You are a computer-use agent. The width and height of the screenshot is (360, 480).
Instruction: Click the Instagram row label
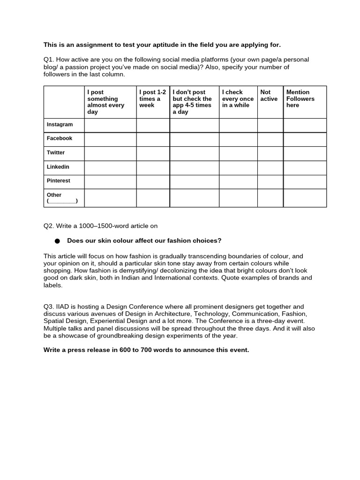tap(60, 125)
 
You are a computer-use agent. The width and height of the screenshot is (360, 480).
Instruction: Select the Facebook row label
tap(59, 139)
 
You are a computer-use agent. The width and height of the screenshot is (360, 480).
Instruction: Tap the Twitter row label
tap(56, 153)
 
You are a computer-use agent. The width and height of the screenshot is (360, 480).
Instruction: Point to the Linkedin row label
tap(58, 167)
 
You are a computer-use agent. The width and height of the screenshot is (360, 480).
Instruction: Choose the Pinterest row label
tap(58, 181)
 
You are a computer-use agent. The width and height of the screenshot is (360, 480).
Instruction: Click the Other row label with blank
tap(62, 198)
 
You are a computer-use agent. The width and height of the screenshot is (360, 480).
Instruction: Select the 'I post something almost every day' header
tap(105, 102)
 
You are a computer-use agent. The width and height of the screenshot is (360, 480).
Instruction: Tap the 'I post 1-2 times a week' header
tap(152, 99)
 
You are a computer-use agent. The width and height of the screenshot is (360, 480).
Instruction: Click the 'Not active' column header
tap(269, 96)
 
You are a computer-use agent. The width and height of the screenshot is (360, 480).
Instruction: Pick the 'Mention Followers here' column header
tap(300, 99)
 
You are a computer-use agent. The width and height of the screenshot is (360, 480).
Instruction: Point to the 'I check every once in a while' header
tap(238, 99)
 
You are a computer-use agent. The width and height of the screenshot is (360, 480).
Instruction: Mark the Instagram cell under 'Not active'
tap(270, 125)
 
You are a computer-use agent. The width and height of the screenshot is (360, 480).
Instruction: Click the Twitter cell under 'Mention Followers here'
tap(305, 154)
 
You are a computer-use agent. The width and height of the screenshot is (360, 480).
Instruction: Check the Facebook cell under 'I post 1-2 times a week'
tap(153, 140)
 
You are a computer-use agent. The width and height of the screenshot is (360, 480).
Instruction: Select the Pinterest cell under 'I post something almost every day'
tap(110, 182)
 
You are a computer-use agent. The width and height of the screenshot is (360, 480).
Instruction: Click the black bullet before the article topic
tap(57, 241)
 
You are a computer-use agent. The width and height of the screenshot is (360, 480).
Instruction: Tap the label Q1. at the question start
tap(49, 60)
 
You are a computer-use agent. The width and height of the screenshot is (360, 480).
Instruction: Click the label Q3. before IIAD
tap(49, 307)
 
